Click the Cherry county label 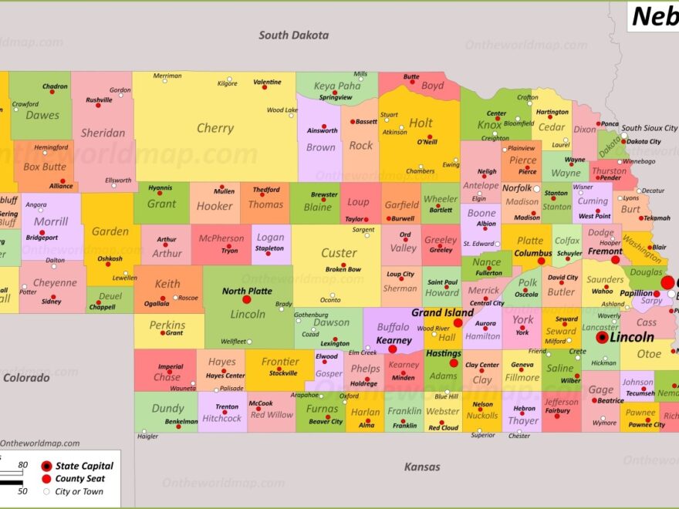[215, 128]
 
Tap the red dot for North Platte [247, 299]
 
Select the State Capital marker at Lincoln [602, 337]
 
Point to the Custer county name [339, 253]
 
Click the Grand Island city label [442, 312]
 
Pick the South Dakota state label [293, 35]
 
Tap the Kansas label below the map [422, 467]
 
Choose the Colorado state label [25, 378]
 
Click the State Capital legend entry [84, 466]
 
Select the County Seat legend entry [80, 479]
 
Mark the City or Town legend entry [79, 491]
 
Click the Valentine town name [267, 82]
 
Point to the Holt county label [421, 123]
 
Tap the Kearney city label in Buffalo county [394, 340]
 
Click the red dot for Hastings [454, 362]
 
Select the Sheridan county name [103, 133]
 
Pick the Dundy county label [167, 409]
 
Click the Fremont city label [604, 251]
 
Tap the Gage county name [601, 390]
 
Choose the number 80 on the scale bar [22, 464]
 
